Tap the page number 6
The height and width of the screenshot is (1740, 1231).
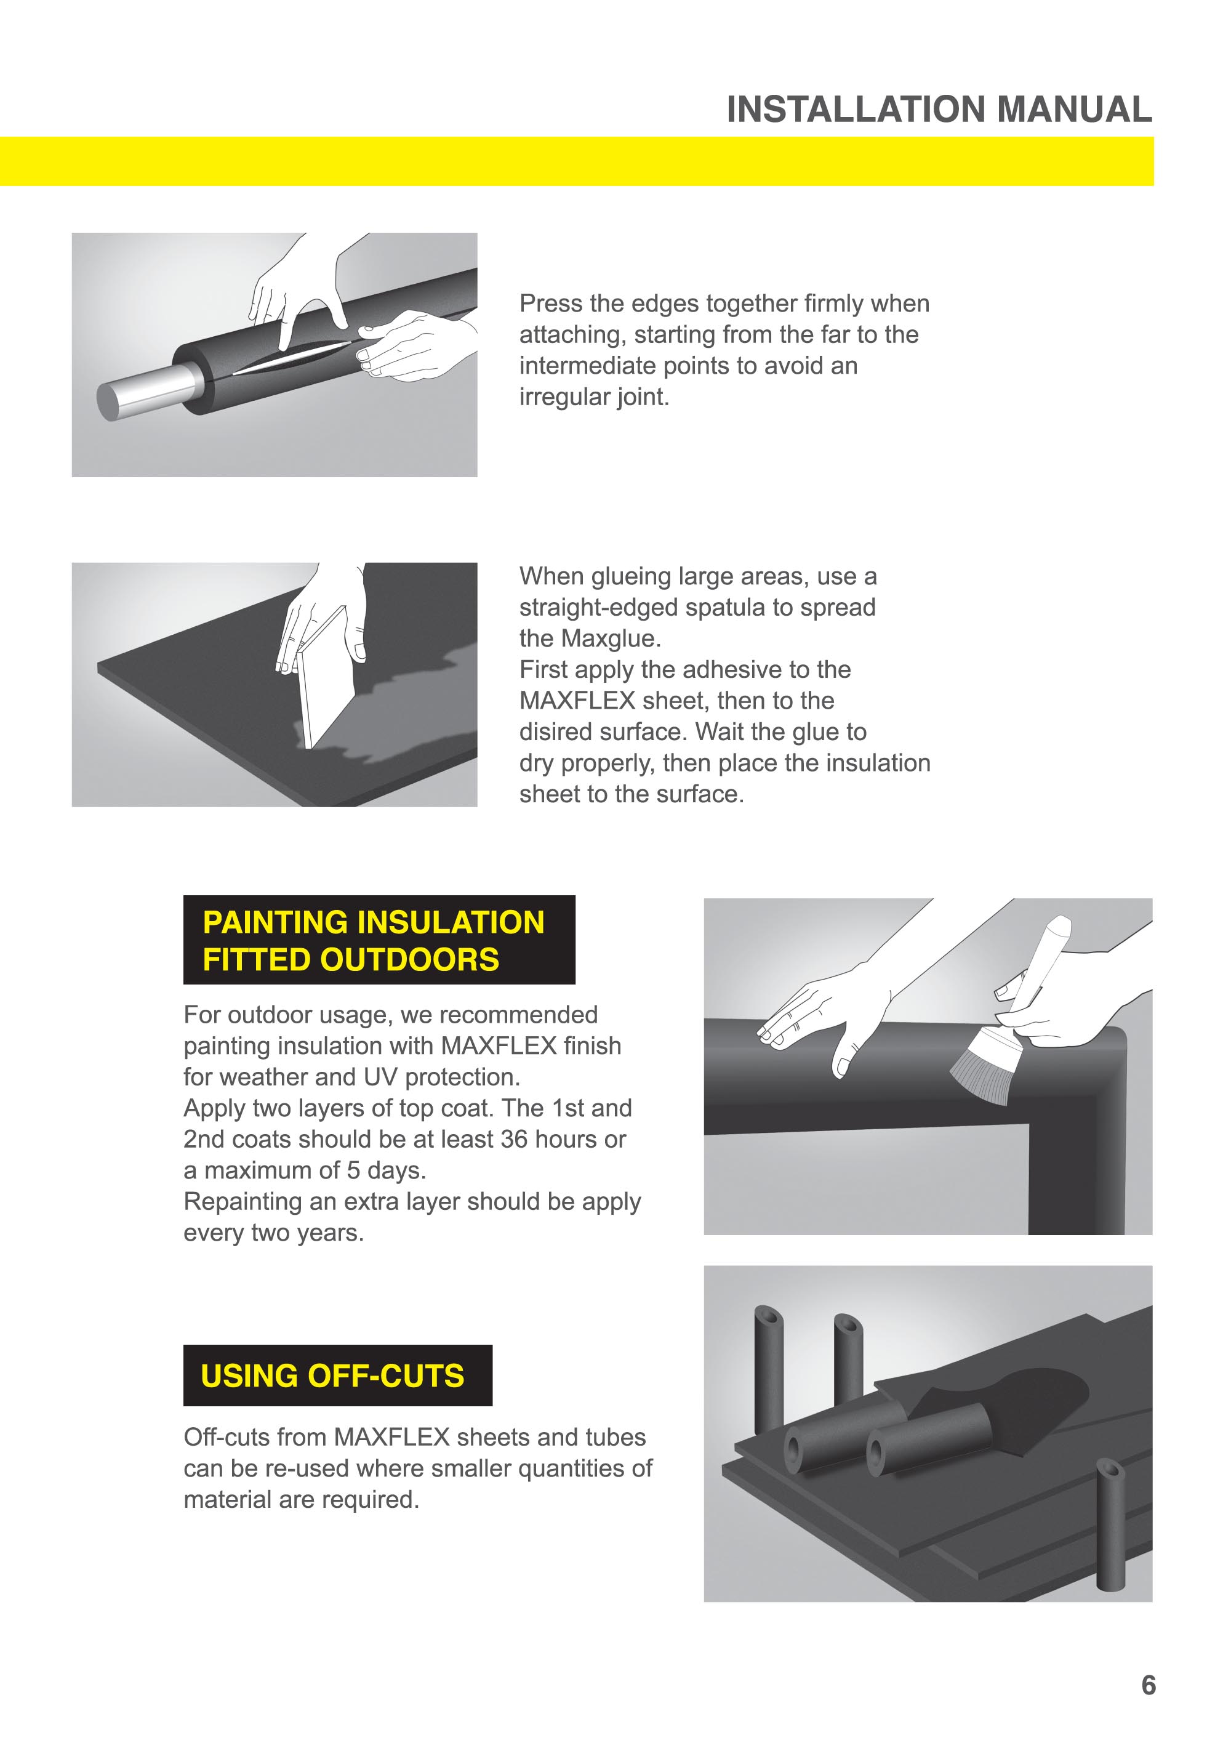click(x=1148, y=1685)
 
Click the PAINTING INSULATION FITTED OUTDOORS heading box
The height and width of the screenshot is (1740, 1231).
click(x=379, y=940)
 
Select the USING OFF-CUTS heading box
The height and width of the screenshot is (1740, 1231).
click(x=337, y=1375)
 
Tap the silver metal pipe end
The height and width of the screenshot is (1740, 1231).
click(x=144, y=391)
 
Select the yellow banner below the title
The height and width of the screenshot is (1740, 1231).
click(x=576, y=161)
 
